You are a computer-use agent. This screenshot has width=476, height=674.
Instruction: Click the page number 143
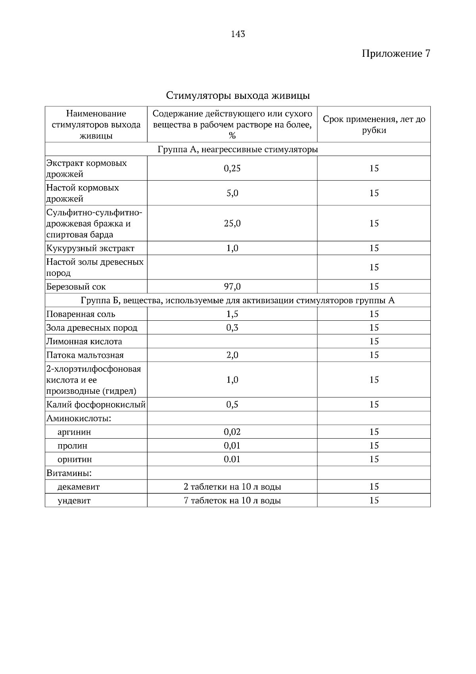point(238,34)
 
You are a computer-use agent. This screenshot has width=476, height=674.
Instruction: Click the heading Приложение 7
point(395,54)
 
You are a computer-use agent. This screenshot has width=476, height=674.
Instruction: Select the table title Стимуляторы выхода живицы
point(238,96)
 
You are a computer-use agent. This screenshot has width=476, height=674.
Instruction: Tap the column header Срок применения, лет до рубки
point(374,125)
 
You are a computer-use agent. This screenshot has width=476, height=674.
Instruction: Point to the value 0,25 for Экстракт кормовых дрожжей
point(232,168)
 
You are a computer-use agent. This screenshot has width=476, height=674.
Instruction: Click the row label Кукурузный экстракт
point(90,248)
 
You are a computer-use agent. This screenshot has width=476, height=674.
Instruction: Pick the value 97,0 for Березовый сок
point(232,287)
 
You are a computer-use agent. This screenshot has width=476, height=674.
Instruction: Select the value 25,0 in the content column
point(232,223)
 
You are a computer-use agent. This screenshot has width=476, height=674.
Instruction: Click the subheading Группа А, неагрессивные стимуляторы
point(238,150)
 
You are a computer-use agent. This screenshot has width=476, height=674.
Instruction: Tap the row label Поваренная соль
point(81,314)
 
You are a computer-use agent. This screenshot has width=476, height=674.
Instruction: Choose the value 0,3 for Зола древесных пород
point(232,328)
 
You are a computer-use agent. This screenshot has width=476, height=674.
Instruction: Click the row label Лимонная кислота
point(84,342)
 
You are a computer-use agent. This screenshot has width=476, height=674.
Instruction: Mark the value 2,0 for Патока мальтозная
point(232,355)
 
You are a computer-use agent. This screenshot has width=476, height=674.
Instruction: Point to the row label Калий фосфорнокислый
point(96,405)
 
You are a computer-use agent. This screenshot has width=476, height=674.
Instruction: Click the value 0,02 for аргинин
point(232,432)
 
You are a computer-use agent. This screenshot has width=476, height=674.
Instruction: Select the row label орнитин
point(75,460)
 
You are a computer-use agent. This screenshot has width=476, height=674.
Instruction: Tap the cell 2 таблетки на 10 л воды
point(232,487)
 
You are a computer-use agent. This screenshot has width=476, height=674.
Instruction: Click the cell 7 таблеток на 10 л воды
point(232,501)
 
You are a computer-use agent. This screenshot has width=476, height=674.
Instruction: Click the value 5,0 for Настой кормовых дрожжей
point(232,193)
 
